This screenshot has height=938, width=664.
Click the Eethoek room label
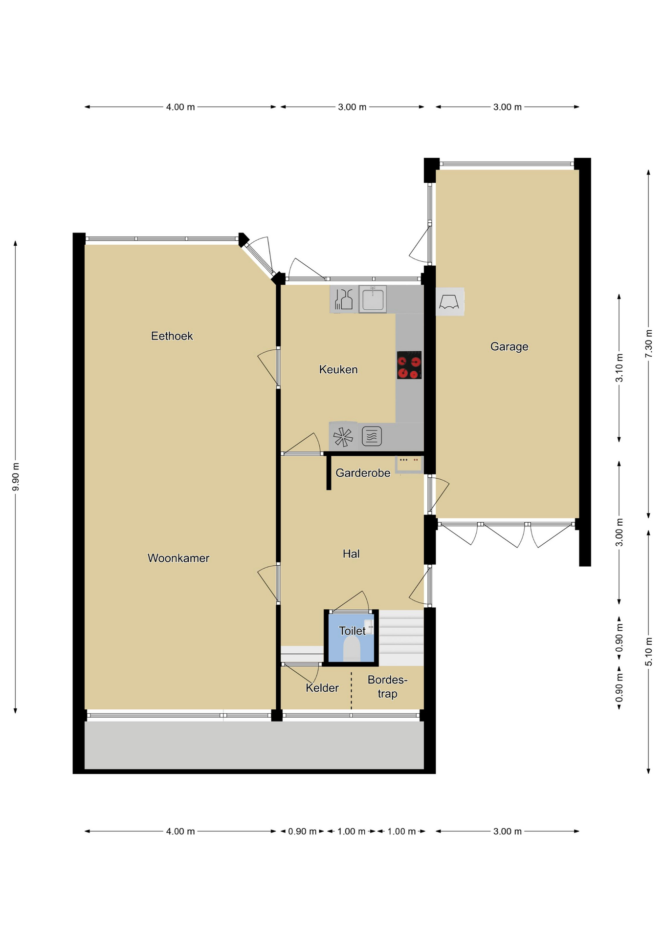coord(172,336)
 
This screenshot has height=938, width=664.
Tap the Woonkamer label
coord(178,558)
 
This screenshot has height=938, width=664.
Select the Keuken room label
coord(338,370)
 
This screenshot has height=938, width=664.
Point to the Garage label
coord(509,347)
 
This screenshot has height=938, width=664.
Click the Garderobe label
coord(363,473)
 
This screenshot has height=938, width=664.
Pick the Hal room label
coord(351,554)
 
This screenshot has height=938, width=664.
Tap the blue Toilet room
coord(351,638)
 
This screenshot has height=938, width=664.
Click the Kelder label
coord(322,688)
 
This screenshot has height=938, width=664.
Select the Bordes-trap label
coord(387,686)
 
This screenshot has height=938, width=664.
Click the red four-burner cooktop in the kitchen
coord(409,365)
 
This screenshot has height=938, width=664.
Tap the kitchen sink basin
coord(373,299)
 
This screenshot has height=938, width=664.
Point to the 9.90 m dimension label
coord(16,476)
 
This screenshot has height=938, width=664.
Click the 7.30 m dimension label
coord(648,344)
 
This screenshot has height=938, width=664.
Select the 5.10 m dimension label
coord(648,652)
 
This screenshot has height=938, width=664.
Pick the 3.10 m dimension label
coord(619,368)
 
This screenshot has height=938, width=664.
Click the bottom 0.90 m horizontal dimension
coord(302,831)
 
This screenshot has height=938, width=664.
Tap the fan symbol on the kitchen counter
coord(343,437)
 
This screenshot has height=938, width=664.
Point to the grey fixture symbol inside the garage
coord(449,302)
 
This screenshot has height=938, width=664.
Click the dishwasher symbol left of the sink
coord(344,299)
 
